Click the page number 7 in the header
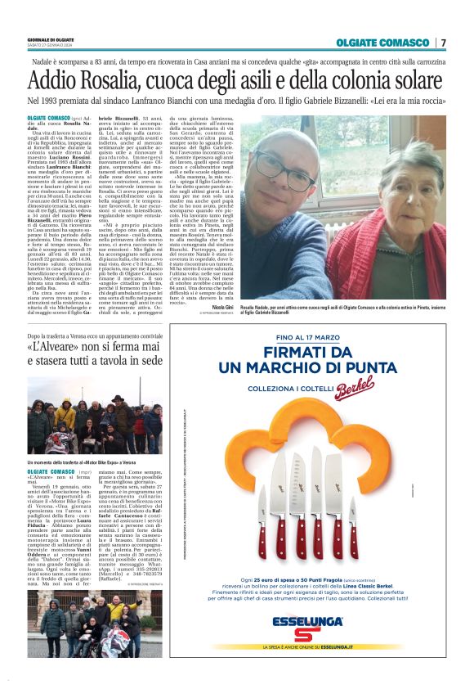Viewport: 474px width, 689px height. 443,43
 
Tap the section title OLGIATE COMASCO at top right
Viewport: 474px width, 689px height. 382,43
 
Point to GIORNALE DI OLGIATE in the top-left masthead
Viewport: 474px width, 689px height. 51,38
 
